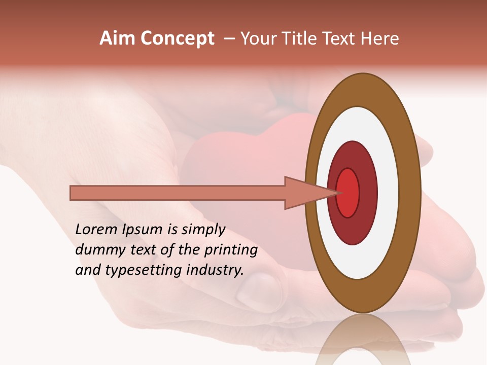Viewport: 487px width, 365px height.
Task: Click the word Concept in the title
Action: (177, 39)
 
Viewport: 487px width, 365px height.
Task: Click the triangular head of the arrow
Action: (304, 193)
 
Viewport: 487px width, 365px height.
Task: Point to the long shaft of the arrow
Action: (178, 193)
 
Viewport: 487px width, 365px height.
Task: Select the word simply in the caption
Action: (203, 230)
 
